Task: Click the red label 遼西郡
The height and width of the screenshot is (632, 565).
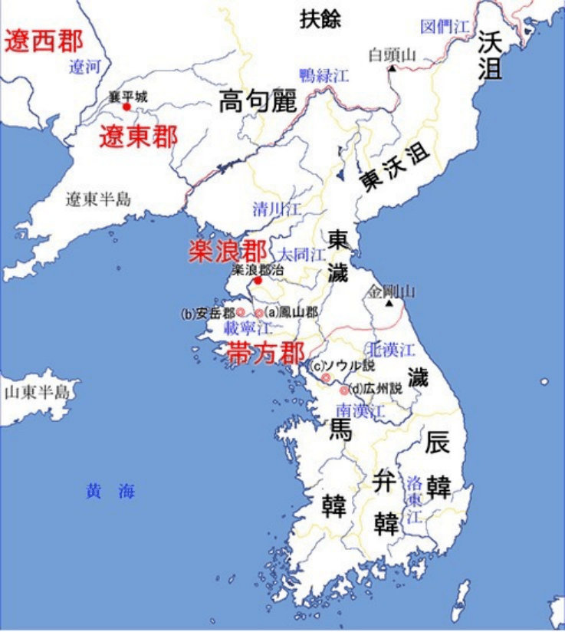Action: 44,41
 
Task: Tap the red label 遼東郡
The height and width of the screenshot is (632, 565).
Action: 138,137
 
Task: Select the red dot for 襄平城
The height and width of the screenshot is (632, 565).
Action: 127,107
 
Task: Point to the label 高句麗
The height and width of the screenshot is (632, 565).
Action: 258,100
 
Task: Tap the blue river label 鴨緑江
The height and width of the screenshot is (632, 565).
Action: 324,75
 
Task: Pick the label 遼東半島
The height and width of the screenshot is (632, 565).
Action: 98,199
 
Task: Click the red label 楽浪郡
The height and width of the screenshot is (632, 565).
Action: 228,252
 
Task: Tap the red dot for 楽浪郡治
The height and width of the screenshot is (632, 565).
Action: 258,281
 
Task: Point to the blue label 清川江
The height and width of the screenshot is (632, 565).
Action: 278,209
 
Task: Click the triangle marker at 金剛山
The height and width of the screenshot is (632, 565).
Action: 391,304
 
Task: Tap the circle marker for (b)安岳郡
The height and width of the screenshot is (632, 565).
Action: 240,312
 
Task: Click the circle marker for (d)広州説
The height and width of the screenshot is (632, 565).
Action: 344,390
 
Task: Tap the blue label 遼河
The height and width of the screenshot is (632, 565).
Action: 84,67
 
